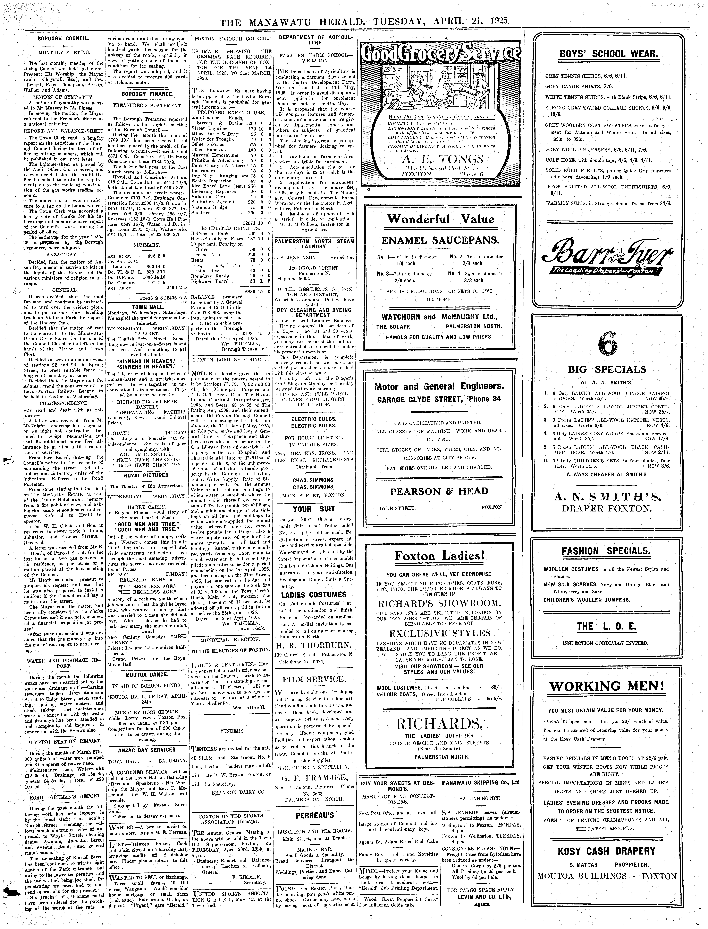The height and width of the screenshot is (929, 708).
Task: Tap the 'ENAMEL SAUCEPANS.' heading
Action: (440, 241)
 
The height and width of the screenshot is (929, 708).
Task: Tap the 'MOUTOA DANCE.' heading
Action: (147, 674)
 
